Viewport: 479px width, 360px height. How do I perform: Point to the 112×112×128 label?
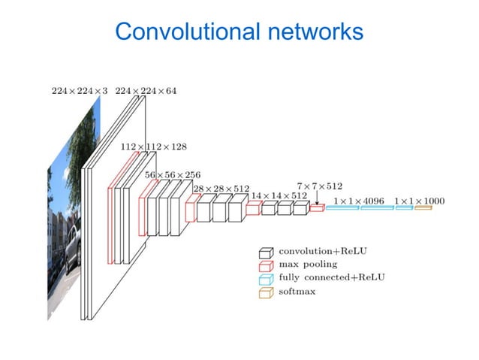[x=153, y=147]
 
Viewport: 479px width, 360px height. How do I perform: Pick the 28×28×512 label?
[x=221, y=188]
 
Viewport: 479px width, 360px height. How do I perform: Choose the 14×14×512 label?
[x=279, y=195]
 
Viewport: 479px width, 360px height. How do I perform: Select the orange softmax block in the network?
[x=423, y=207]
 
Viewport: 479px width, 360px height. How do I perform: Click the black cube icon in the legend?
[x=266, y=251]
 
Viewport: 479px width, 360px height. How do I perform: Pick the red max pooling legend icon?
[x=266, y=265]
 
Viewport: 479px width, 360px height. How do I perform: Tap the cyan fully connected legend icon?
[x=266, y=278]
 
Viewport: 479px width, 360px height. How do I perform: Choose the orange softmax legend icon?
[x=266, y=292]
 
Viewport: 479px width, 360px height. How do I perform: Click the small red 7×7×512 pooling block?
[x=317, y=208]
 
